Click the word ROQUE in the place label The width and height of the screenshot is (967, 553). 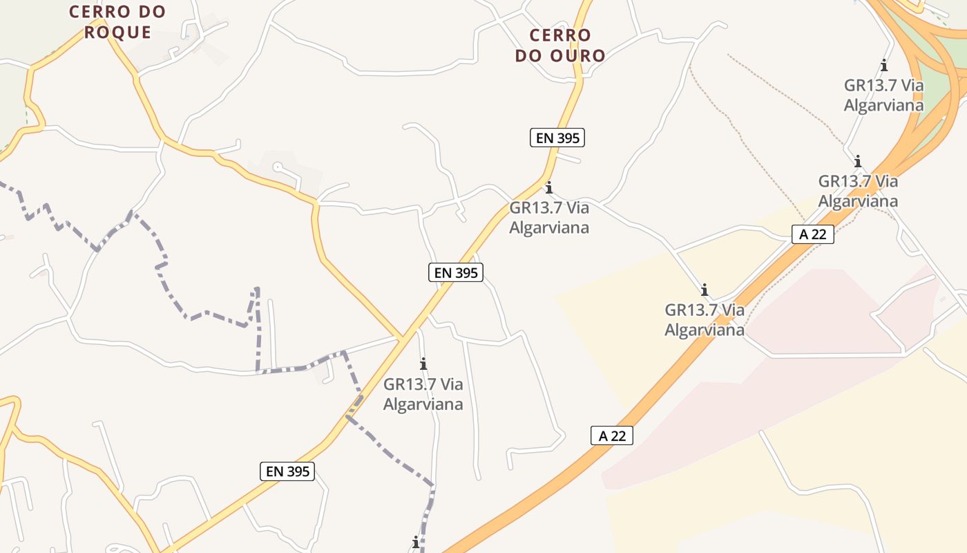(x=117, y=32)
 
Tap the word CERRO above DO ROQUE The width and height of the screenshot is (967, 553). (x=117, y=12)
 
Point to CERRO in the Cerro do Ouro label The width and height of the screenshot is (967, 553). (x=560, y=35)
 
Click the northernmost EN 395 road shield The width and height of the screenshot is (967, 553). (x=557, y=138)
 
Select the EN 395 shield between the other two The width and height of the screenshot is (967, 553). (x=455, y=272)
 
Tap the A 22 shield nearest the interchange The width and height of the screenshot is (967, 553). (x=812, y=234)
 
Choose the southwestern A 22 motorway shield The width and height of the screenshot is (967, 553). (x=612, y=435)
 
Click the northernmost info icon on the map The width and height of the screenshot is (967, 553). (x=884, y=66)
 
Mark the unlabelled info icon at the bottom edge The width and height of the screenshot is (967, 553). (x=416, y=543)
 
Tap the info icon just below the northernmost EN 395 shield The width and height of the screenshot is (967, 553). (x=549, y=187)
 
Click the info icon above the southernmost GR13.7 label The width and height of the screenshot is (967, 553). (x=423, y=364)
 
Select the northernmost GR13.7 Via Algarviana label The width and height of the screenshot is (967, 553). (x=883, y=95)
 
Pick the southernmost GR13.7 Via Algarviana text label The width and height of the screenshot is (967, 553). (x=423, y=394)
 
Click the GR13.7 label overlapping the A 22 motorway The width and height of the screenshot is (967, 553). (x=705, y=319)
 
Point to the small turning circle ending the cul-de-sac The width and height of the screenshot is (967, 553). (x=278, y=167)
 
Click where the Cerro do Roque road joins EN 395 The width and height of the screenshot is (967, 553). (x=402, y=338)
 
